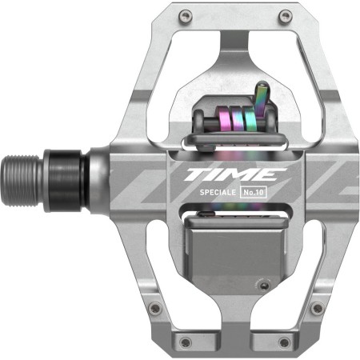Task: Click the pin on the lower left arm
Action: (155, 308)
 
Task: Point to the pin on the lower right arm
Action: (318, 308)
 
